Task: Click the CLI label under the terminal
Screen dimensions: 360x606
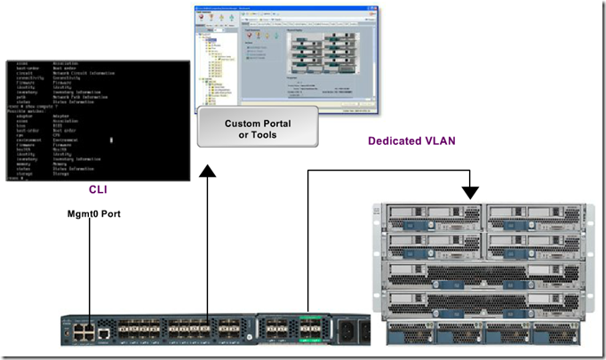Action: tap(98, 188)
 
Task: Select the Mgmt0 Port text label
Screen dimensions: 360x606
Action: tap(94, 214)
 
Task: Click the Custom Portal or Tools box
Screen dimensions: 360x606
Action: tap(256, 128)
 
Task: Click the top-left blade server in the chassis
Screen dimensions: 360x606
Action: tap(432, 218)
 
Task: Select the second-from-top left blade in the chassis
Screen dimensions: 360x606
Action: tap(432, 240)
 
